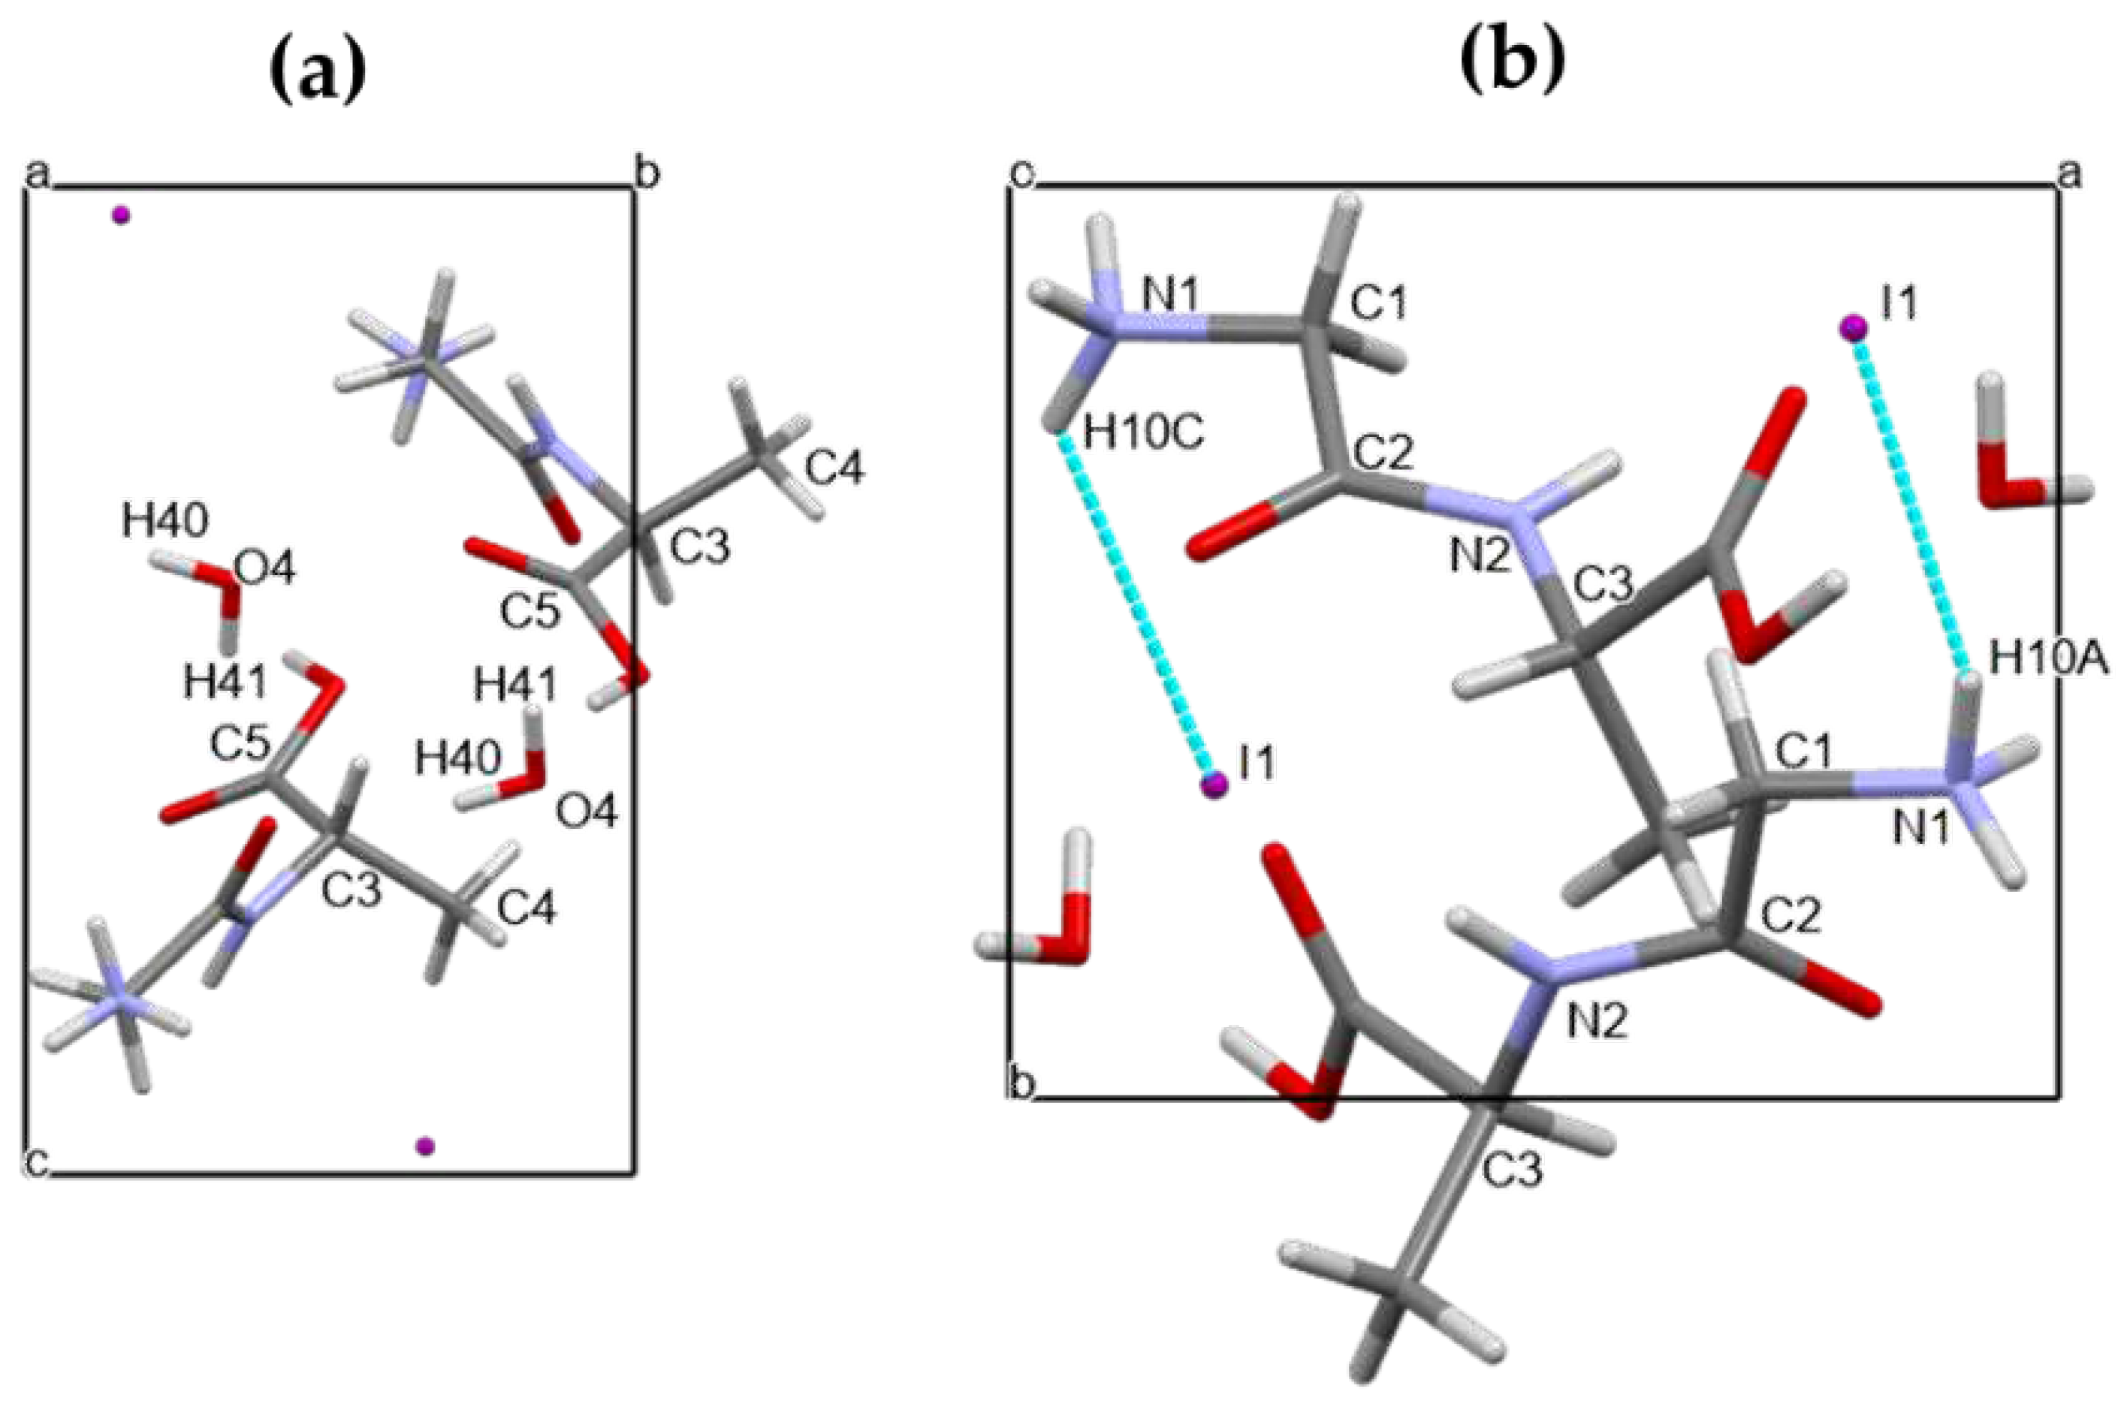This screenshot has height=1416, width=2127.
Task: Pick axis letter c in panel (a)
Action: [35, 1162]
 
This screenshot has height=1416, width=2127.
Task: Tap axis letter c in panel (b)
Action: [1020, 173]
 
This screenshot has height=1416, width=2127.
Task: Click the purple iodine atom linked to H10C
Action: [1214, 785]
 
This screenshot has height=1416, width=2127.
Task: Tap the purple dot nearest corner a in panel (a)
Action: [120, 215]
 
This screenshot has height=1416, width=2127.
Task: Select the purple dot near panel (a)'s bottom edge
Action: [424, 1146]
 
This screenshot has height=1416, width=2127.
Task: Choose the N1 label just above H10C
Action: [1172, 295]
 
